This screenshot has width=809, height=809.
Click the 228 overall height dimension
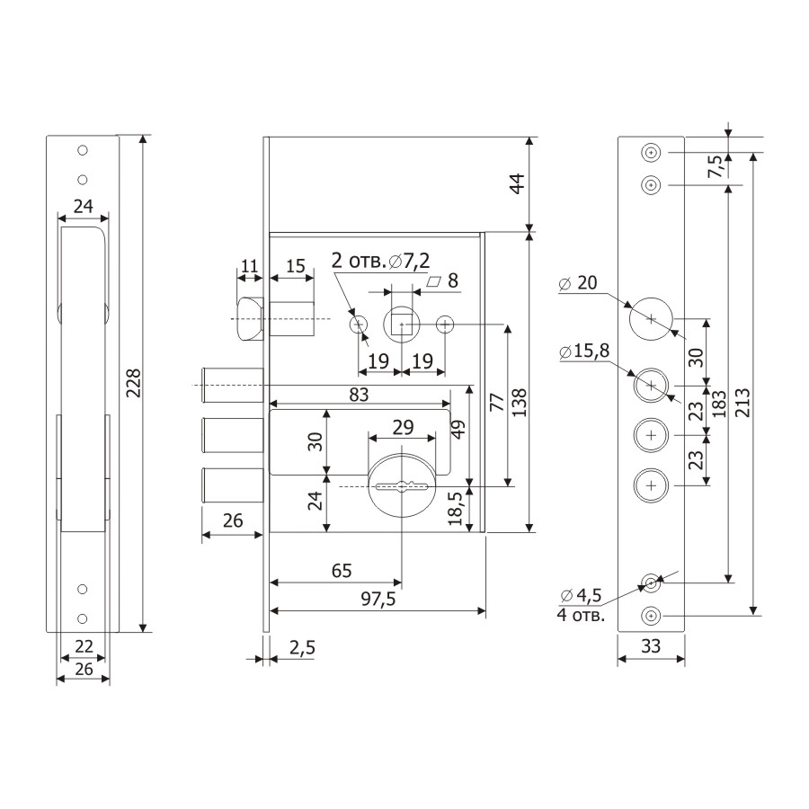coord(134,382)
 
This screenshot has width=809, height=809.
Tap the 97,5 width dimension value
coord(378,599)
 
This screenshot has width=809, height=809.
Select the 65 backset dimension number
coord(342,571)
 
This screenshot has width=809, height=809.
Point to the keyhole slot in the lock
coord(403,486)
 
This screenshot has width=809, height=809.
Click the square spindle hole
coord(402,324)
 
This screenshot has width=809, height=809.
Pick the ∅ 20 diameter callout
coord(578,283)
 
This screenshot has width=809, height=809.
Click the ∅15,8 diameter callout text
coord(584,351)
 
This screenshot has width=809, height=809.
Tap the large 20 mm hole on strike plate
coord(651,319)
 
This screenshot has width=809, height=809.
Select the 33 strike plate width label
coord(651,645)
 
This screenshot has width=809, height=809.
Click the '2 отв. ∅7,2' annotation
coord(381,261)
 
